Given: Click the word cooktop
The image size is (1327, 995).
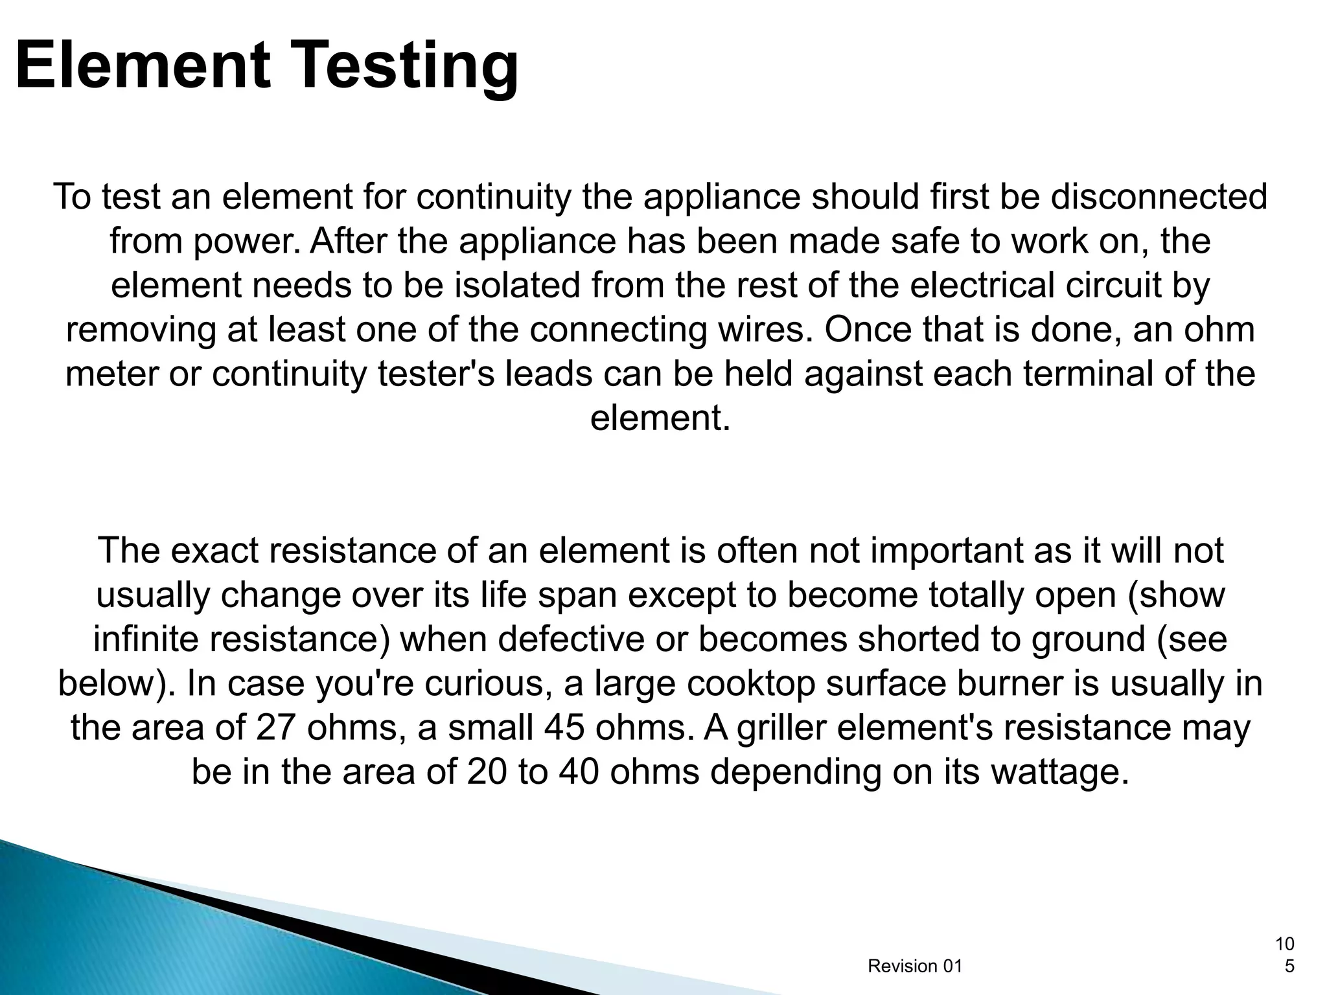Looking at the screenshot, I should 749,683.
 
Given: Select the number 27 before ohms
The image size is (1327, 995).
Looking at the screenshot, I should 276,727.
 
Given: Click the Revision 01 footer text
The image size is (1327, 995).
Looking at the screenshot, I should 915,966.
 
